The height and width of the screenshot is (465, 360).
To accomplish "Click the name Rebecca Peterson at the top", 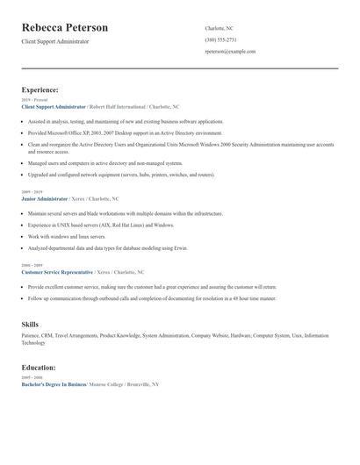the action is (65, 28).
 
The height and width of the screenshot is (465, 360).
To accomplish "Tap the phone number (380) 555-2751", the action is (220, 39).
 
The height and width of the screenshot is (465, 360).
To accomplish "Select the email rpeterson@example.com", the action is (230, 52).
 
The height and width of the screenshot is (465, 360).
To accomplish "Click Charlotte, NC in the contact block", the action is (220, 28).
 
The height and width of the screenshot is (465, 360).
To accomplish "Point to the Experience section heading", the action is (40, 89).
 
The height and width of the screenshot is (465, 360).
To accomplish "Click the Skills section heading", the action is (30, 325).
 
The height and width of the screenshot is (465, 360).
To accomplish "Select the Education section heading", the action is (39, 367).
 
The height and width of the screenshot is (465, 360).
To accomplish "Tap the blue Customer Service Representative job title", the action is (57, 273).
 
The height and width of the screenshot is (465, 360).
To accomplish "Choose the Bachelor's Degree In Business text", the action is (54, 384).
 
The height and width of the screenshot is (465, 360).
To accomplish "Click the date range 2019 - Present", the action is (32, 100).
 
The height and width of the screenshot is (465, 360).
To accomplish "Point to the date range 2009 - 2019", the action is (31, 192).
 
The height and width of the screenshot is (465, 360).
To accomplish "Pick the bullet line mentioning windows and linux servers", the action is (71, 237).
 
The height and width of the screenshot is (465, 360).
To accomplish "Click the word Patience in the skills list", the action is (32, 335).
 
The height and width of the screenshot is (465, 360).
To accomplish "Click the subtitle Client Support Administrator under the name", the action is (55, 42).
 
